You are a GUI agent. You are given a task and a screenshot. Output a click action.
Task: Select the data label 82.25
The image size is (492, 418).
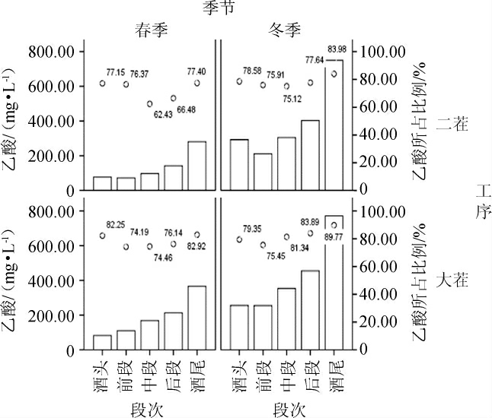(116, 225)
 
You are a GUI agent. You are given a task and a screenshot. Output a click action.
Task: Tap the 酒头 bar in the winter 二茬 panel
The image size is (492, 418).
(239, 164)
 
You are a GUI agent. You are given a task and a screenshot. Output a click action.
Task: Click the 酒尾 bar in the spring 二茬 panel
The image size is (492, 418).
(196, 165)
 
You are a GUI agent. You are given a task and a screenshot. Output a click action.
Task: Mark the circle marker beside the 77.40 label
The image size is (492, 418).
(196, 84)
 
